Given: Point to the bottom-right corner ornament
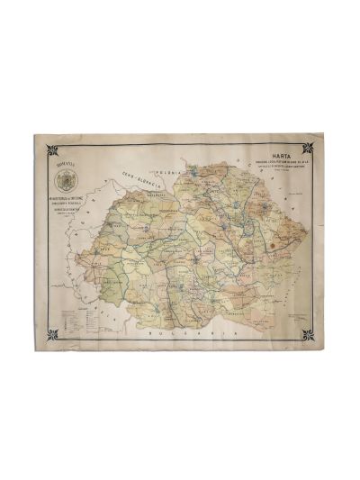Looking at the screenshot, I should pyautogui.click(x=308, y=335).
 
